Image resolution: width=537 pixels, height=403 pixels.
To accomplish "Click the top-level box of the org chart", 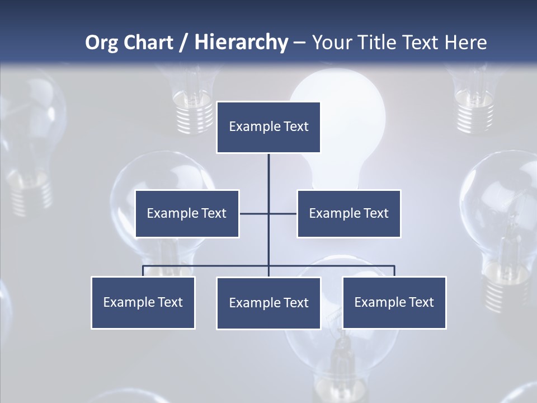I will (x=268, y=127).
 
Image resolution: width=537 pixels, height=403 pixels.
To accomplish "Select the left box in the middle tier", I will (x=187, y=213).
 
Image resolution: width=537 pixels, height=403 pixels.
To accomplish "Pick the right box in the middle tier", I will (x=348, y=213).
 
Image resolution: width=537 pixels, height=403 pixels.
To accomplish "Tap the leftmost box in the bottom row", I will (x=143, y=302).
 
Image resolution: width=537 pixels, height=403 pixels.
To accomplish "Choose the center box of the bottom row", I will (x=268, y=303).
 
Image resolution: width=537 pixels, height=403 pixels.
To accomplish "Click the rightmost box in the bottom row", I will (x=394, y=302).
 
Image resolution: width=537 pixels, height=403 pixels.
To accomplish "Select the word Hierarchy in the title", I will (x=241, y=43).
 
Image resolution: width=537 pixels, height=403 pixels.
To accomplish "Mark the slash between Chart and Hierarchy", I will (x=183, y=43).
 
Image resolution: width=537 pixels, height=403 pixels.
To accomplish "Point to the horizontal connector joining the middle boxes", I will (x=255, y=213).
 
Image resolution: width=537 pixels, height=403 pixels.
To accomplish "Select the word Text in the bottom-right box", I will (x=422, y=302).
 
